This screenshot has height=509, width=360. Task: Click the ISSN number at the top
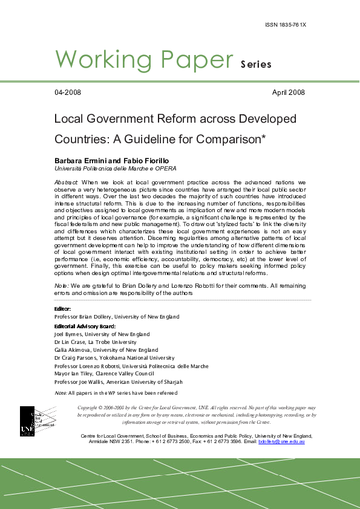tap(286, 25)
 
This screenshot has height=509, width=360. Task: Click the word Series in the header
tap(256, 64)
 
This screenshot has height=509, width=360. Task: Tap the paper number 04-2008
tap(68, 92)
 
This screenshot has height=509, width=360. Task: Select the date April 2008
tap(289, 92)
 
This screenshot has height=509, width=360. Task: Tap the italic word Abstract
tap(67, 182)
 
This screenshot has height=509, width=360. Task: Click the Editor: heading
tap(63, 309)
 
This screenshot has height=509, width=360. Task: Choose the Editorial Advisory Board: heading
tap(85, 326)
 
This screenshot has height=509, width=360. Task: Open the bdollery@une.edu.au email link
tap(281, 442)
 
